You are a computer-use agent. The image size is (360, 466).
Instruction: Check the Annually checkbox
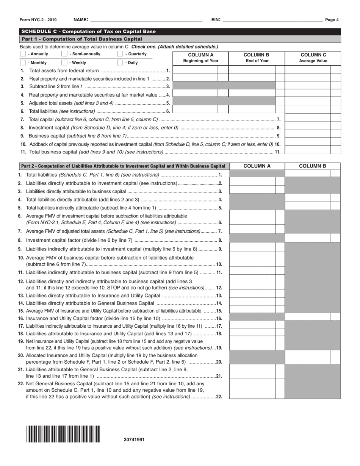23,54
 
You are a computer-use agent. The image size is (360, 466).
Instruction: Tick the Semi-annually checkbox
64,54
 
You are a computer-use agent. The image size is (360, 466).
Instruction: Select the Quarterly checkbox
120,54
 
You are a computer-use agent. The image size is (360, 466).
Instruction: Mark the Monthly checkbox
23,63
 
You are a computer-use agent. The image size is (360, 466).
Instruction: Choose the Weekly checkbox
64,63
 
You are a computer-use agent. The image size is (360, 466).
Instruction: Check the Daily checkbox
120,63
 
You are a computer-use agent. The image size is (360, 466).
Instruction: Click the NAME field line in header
146,20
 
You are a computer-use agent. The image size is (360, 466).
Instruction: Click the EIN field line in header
273,20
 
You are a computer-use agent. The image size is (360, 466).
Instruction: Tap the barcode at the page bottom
63,434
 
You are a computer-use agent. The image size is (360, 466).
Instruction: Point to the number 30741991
134,439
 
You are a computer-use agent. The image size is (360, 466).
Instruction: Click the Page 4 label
332,20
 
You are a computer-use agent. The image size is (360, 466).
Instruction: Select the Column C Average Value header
313,58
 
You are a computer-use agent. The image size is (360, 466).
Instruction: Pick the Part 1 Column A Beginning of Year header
201,58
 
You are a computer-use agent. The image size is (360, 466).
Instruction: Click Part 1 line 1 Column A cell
196,70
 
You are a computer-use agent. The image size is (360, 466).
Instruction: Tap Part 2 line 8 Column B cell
307,238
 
